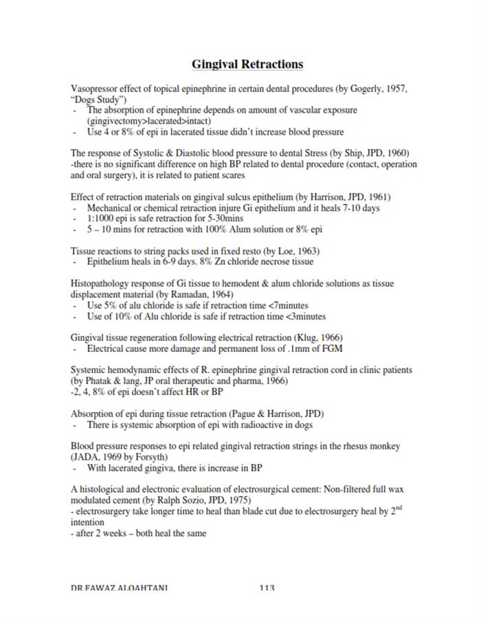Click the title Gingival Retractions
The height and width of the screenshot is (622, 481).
pos(247,64)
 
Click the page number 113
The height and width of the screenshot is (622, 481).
pos(267,588)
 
